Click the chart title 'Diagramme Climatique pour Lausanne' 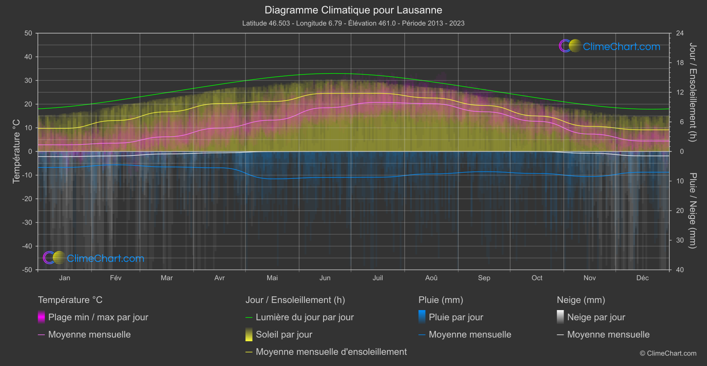click(x=353, y=10)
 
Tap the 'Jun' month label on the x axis click(x=325, y=278)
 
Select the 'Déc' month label click(x=642, y=278)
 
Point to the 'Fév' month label click(x=115, y=278)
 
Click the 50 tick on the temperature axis click(x=28, y=33)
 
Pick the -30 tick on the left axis click(x=27, y=222)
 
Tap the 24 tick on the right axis click(x=679, y=33)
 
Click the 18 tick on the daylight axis click(x=679, y=63)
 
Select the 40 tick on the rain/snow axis click(x=679, y=270)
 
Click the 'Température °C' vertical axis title click(x=16, y=151)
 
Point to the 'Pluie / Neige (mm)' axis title click(x=692, y=211)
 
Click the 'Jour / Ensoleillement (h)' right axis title click(x=692, y=92)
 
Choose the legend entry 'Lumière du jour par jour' click(x=304, y=317)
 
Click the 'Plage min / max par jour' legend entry click(x=98, y=317)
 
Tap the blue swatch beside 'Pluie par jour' click(x=422, y=317)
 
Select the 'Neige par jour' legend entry click(x=596, y=317)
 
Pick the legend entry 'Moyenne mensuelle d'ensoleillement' click(x=331, y=352)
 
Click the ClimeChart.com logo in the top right click(x=609, y=46)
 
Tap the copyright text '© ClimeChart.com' click(x=668, y=353)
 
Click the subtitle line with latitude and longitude click(x=353, y=23)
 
